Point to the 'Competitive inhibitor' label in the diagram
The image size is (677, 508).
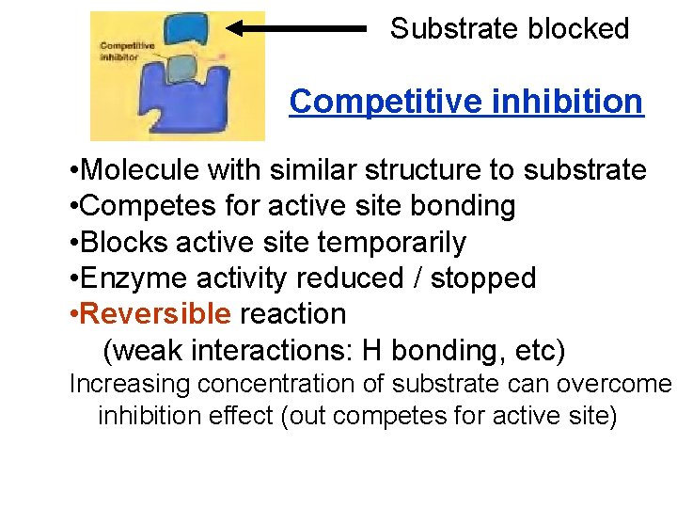tap(119, 51)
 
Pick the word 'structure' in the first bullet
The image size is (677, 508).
tap(428, 170)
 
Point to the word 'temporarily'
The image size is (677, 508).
tap(392, 242)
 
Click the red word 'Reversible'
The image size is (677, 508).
tap(157, 313)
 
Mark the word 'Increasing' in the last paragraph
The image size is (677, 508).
tap(129, 384)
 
